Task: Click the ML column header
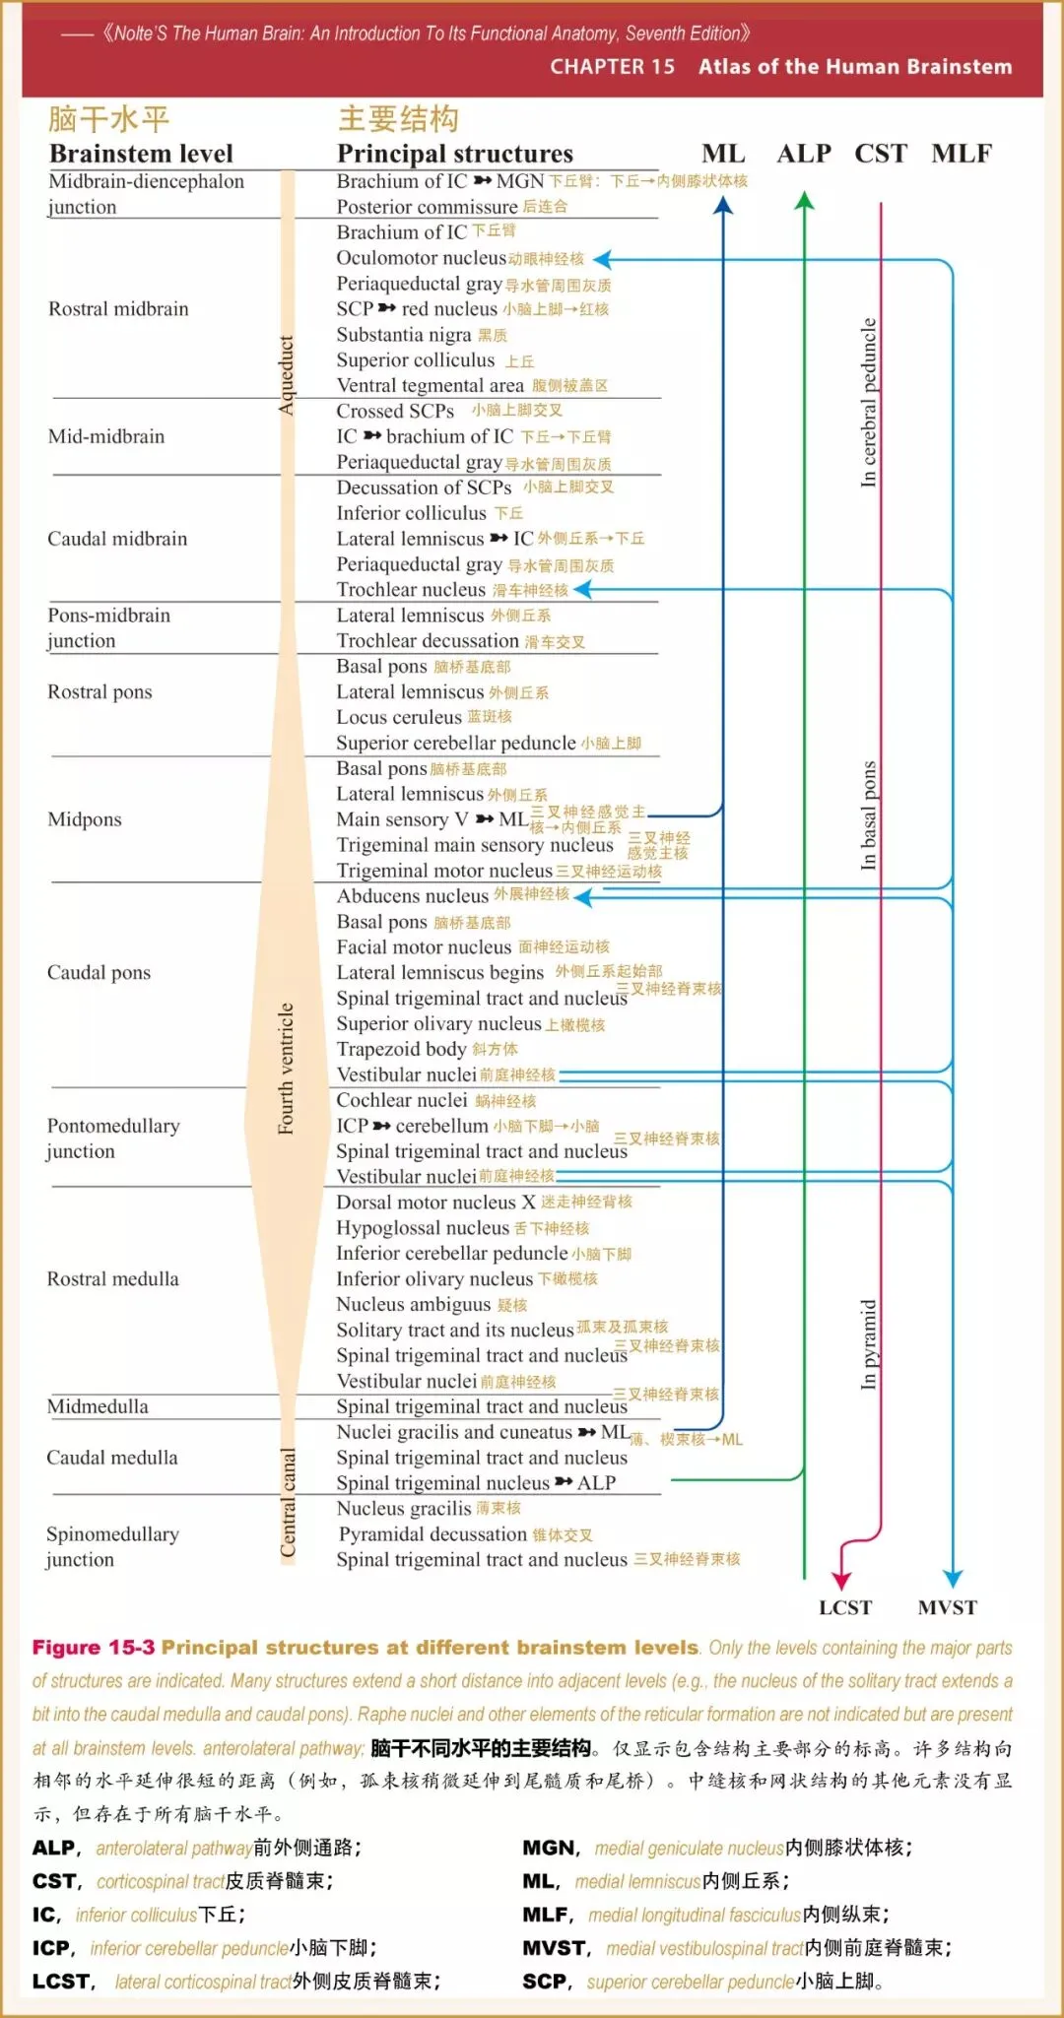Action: click(x=723, y=154)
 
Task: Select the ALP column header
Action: click(x=804, y=154)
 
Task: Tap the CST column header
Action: click(x=880, y=154)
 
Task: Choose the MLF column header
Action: click(x=962, y=154)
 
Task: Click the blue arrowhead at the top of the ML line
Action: click(x=723, y=205)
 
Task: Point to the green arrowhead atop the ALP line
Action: click(x=804, y=201)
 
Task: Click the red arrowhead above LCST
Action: click(x=840, y=1579)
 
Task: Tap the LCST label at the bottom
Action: click(x=845, y=1607)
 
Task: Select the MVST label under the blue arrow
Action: click(x=947, y=1607)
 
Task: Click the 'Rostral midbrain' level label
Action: click(x=118, y=308)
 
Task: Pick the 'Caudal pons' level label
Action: click(x=99, y=972)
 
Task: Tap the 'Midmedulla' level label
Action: click(x=98, y=1406)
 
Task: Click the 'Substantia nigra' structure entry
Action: click(x=404, y=335)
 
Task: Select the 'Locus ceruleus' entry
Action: click(x=399, y=717)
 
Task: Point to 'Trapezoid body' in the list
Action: click(x=401, y=1049)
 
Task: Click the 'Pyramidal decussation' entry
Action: click(x=432, y=1533)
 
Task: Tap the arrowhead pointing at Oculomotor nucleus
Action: click(x=602, y=260)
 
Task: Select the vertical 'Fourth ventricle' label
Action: click(x=286, y=1069)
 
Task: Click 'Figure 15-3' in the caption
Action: click(x=94, y=1647)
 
